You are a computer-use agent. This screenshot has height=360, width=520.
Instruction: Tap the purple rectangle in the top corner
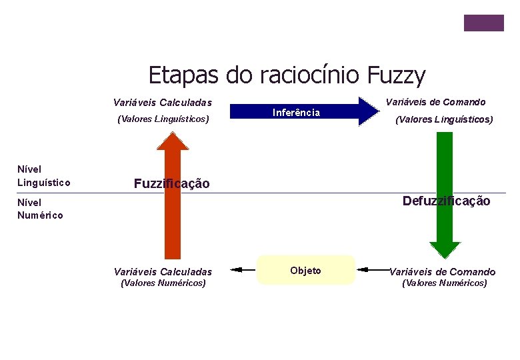click(x=484, y=23)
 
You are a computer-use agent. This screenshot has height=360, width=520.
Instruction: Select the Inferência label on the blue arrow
click(x=296, y=113)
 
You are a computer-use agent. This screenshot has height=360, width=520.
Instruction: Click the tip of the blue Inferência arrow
click(x=375, y=111)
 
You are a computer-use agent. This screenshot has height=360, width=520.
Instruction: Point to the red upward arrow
click(x=173, y=200)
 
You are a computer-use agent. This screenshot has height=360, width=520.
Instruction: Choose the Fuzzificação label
click(x=171, y=183)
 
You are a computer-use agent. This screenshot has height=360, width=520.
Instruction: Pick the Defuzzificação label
click(x=446, y=201)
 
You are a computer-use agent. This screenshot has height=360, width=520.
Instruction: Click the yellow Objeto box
click(x=306, y=270)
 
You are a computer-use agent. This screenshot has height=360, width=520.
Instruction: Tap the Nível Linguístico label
click(x=44, y=176)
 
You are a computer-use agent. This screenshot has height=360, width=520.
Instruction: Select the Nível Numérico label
click(x=40, y=209)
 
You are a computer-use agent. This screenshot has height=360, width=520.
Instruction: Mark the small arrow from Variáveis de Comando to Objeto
click(x=371, y=270)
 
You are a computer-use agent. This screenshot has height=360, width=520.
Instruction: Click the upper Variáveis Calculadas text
click(x=163, y=103)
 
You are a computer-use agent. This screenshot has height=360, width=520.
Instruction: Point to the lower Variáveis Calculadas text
click(x=163, y=271)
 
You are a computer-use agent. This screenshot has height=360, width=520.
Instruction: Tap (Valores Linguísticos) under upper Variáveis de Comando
click(x=444, y=120)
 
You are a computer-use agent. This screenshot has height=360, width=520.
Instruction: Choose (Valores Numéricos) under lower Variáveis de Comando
click(x=444, y=283)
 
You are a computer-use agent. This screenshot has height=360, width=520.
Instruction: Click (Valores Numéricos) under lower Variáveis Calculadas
click(x=163, y=283)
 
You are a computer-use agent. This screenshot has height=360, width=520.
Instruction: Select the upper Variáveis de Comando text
click(x=436, y=102)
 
